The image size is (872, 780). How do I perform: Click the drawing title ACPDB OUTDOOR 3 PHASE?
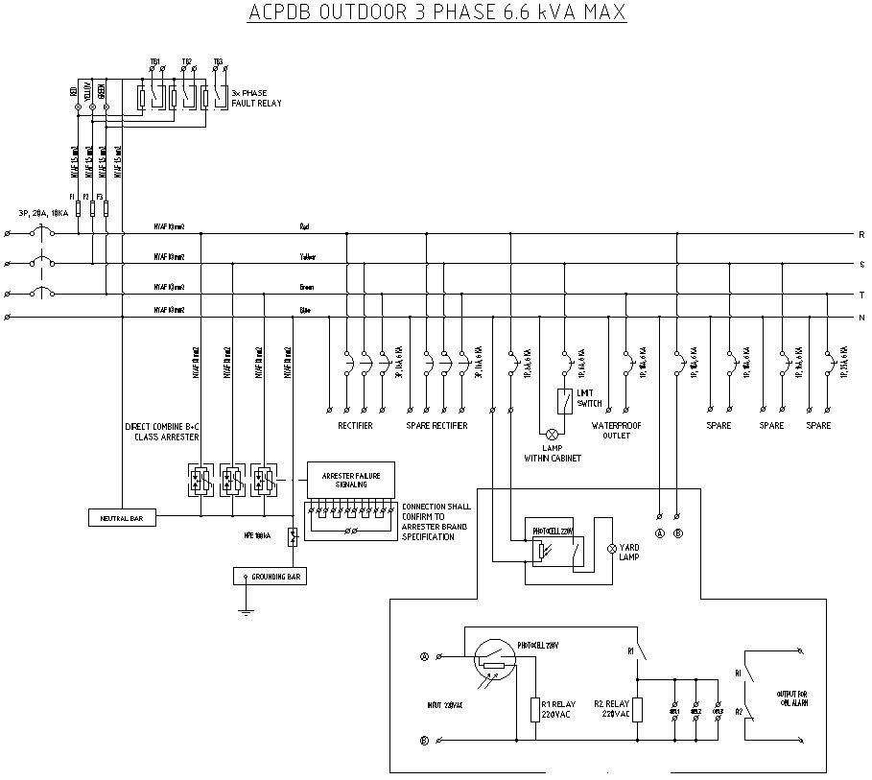pos(436,13)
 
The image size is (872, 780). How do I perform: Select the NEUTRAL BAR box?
pos(121,518)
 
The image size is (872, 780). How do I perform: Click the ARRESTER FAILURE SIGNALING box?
pos(349,479)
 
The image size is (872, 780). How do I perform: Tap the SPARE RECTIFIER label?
pos(436,425)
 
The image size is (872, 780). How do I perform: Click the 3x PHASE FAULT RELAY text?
pos(256,99)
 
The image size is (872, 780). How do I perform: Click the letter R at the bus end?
pos(860,234)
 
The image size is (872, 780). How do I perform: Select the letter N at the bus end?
pos(860,318)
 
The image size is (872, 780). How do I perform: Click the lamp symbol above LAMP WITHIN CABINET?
pos(552,433)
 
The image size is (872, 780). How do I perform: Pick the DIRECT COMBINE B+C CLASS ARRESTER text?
pos(162,431)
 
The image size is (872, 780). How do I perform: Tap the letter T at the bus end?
pos(860,295)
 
